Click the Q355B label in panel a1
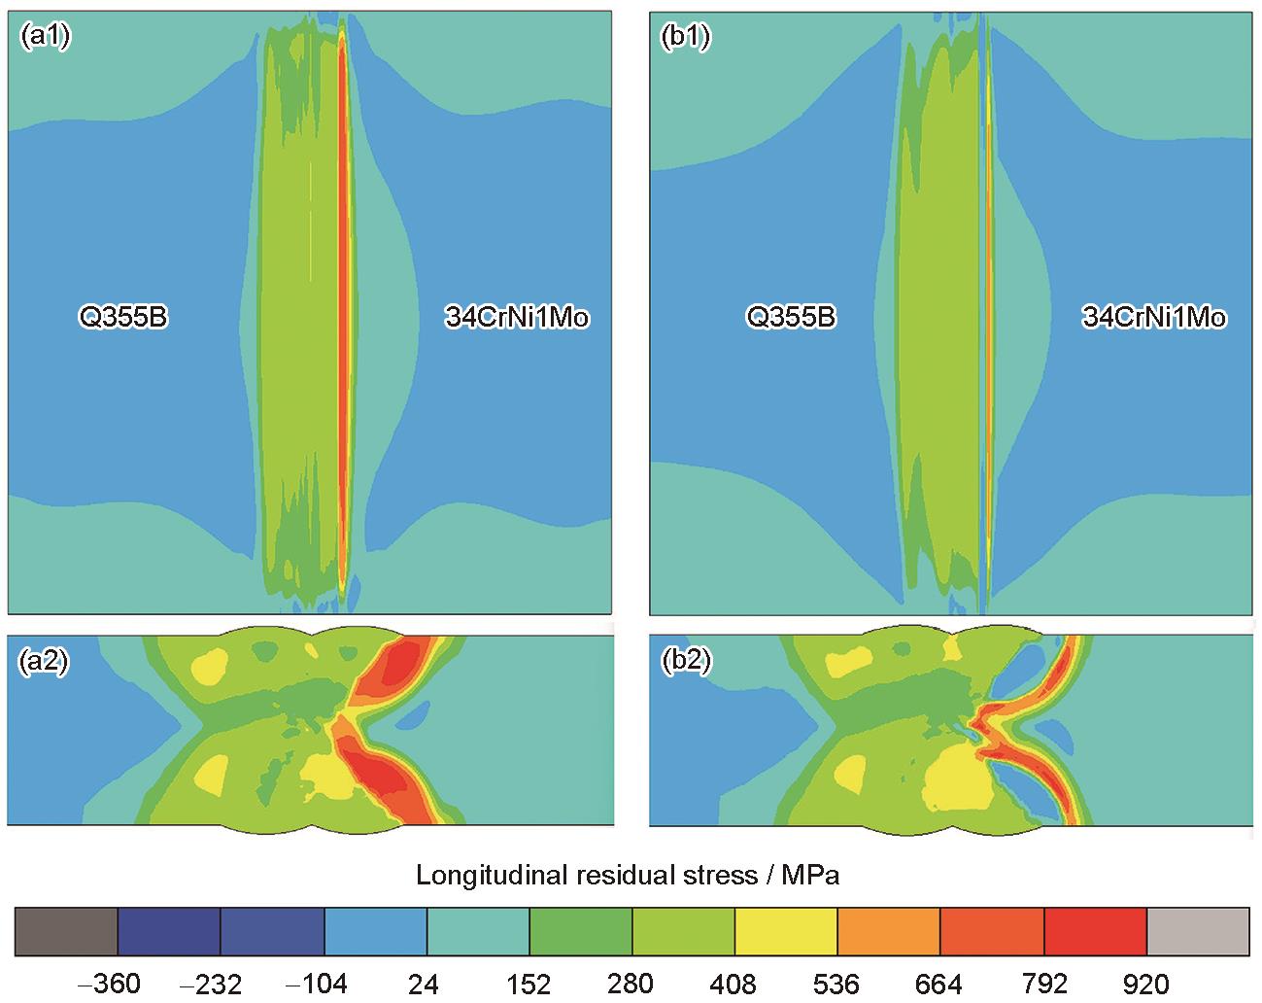123,318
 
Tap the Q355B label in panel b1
791,318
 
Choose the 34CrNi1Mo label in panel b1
1154,318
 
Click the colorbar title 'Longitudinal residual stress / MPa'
628,876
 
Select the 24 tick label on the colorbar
424,985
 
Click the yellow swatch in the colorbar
786,932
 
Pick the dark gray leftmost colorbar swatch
66,932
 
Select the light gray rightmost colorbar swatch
1197,932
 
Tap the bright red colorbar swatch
1095,932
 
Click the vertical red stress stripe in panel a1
342,311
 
